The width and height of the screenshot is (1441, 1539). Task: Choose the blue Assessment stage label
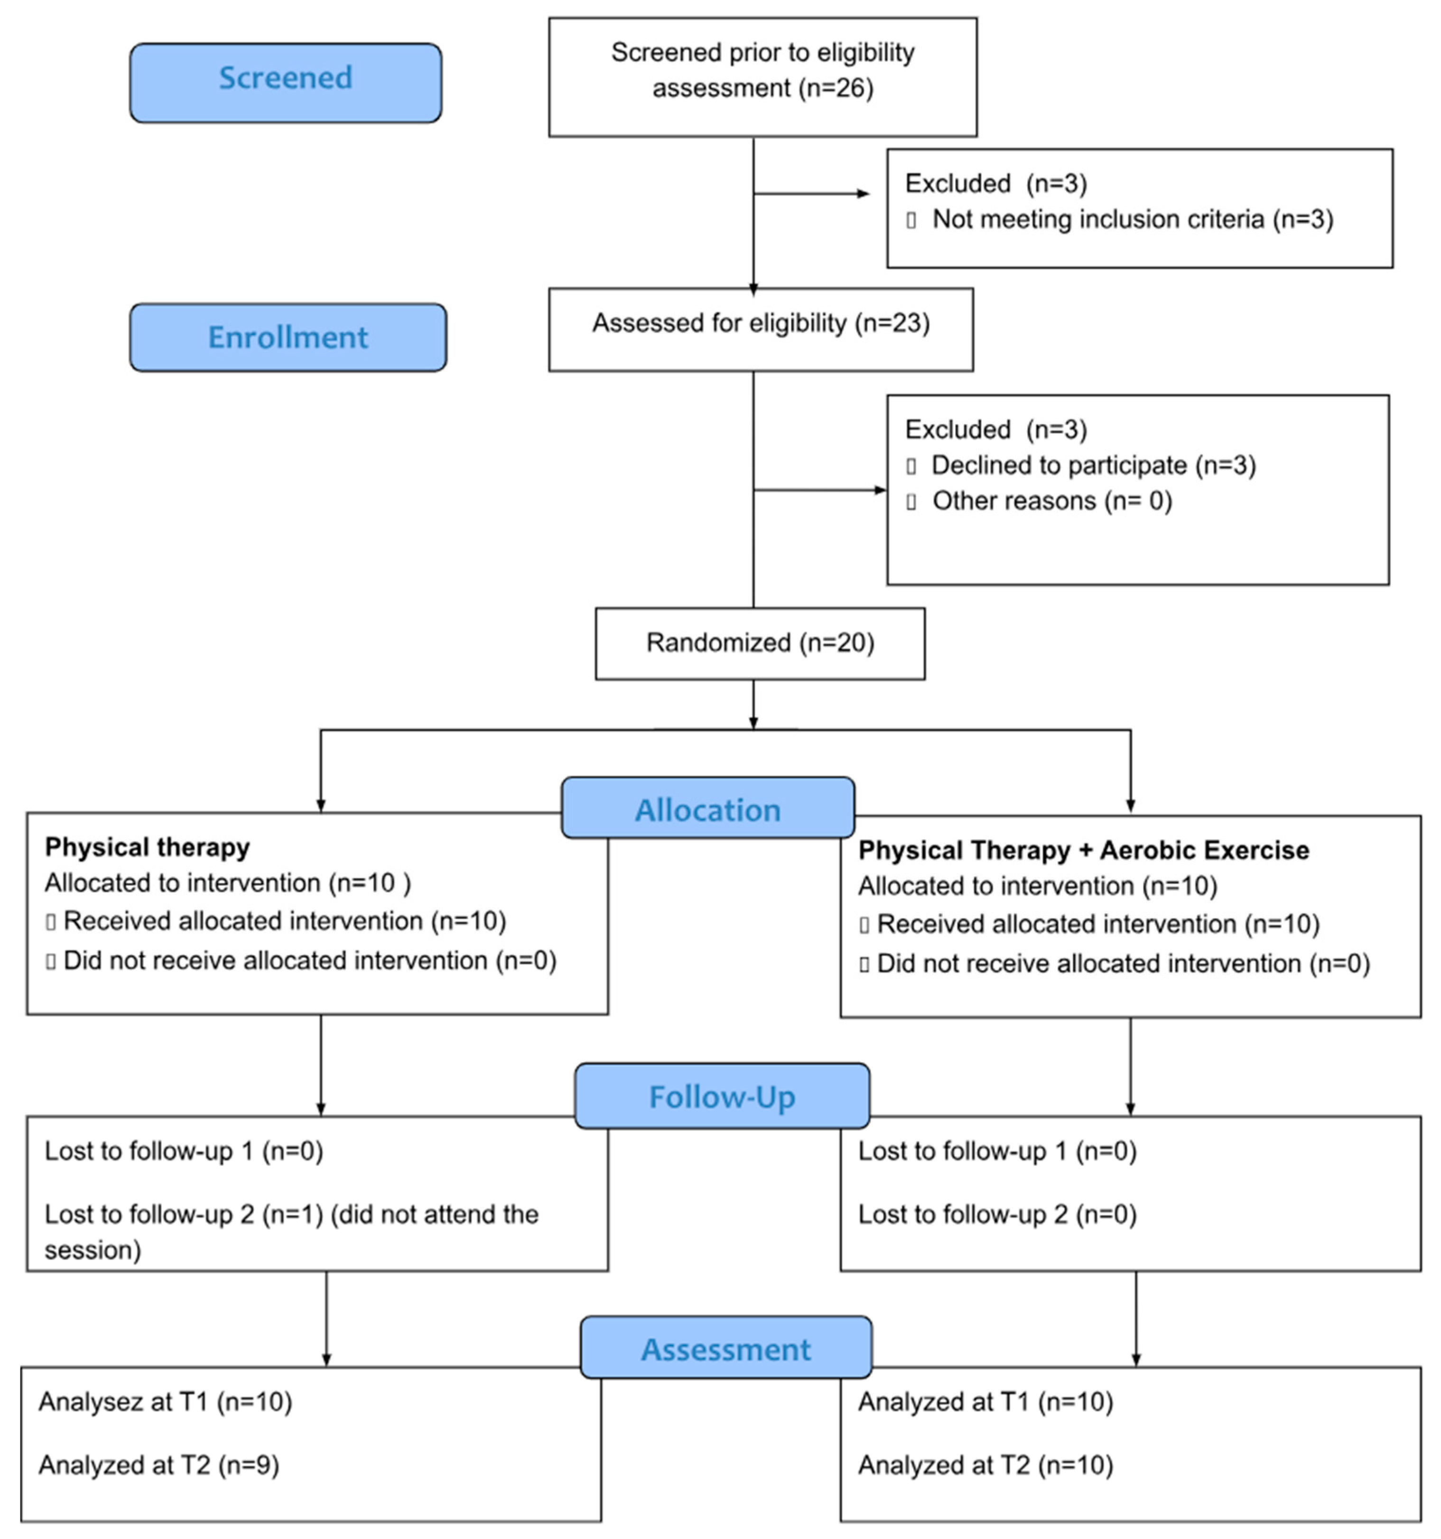725,1349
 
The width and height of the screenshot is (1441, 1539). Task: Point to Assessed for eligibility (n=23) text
761,323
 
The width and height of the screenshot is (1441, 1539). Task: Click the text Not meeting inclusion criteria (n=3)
1132,220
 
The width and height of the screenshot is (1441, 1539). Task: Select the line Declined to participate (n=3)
1093,465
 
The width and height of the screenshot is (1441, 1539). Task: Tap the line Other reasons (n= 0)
1051,501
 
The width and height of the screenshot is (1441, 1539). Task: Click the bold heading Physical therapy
147,847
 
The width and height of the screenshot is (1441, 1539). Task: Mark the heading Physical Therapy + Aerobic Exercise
1082,850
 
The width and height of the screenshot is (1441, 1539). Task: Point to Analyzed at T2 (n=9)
159,1465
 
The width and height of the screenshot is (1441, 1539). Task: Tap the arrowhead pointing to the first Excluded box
864,194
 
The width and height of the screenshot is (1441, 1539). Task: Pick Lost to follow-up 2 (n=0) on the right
996,1215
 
